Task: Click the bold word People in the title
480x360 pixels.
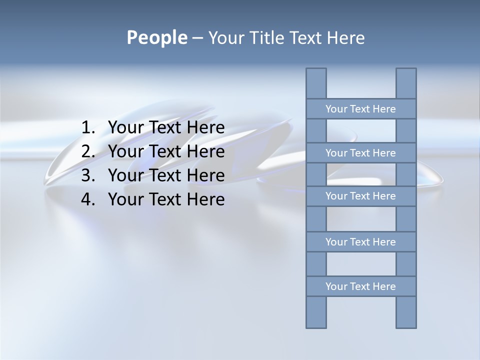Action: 156,38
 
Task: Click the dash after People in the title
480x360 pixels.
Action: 197,38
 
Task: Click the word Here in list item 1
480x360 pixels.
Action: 205,128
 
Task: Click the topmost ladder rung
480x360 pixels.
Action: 361,109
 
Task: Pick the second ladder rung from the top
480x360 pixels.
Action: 361,153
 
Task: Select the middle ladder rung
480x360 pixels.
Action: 361,196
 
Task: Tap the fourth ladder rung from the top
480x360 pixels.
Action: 361,242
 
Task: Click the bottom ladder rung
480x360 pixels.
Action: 361,286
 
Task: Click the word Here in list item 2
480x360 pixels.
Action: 205,151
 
